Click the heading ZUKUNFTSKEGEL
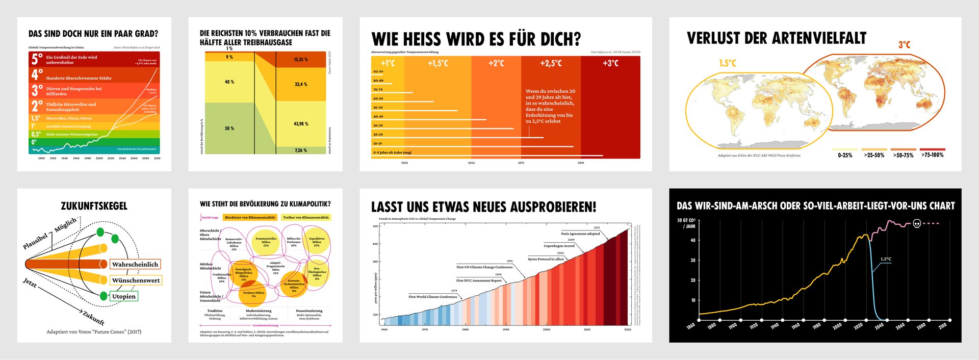click(x=94, y=206)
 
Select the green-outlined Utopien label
click(x=124, y=296)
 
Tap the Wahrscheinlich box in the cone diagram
click(x=135, y=264)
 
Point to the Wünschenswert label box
click(x=136, y=280)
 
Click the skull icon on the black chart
click(x=916, y=223)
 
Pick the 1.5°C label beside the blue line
click(x=886, y=259)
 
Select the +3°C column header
click(x=610, y=63)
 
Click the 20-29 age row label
click(x=378, y=135)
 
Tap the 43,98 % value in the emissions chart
click(x=301, y=124)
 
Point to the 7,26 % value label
click(x=301, y=150)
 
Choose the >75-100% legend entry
click(x=932, y=155)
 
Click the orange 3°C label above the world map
click(x=904, y=45)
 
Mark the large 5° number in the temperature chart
click(x=37, y=59)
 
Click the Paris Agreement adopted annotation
click(x=580, y=234)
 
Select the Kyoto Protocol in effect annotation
click(x=546, y=259)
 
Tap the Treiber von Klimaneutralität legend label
click(x=306, y=217)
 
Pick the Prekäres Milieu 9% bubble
click(x=253, y=294)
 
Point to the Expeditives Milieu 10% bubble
click(x=317, y=242)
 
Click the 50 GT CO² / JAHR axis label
click(x=686, y=223)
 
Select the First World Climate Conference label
click(x=432, y=297)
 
